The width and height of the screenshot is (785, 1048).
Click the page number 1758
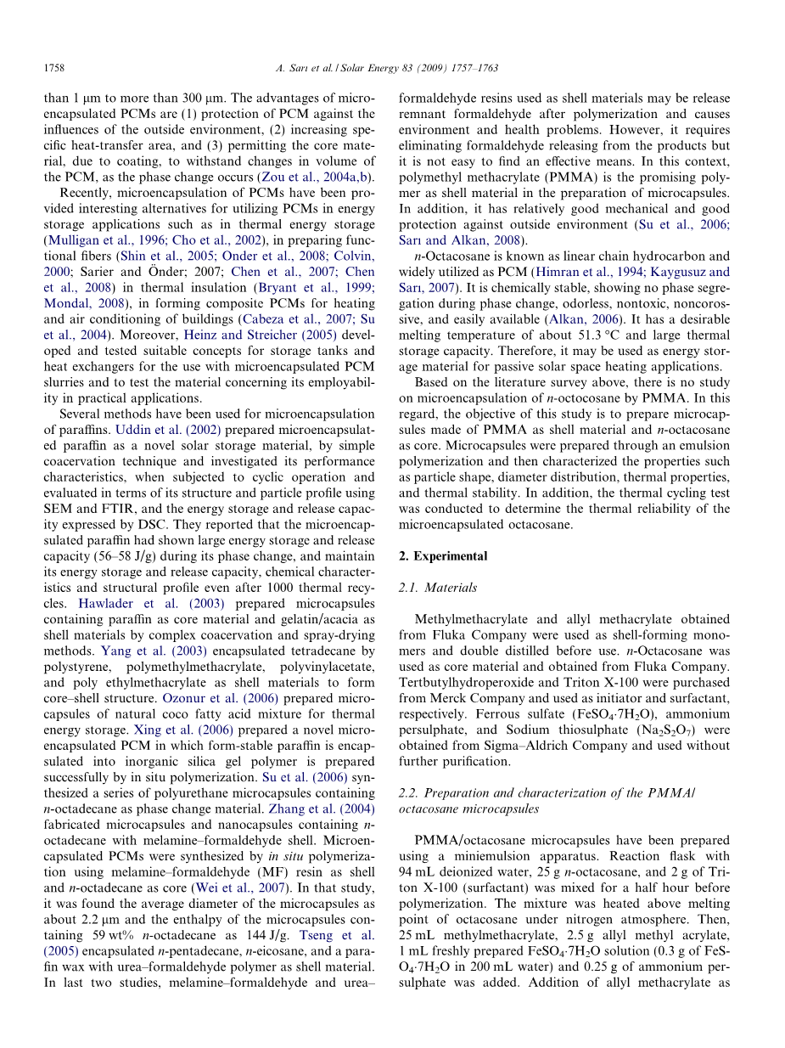click(x=53, y=67)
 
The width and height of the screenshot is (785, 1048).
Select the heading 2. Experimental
click(x=443, y=556)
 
